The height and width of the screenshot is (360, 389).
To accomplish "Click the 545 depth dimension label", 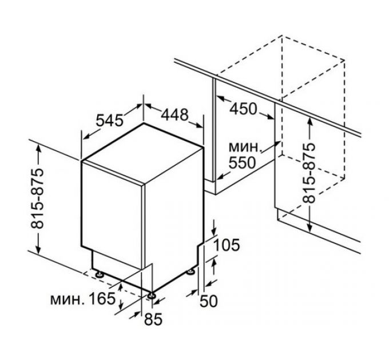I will pyautogui.click(x=110, y=121).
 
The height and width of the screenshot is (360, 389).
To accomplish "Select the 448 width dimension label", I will pyautogui.click(x=173, y=114).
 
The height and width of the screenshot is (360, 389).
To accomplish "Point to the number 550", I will pyautogui.click(x=243, y=163).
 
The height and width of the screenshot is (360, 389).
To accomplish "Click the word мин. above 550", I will pyautogui.click(x=244, y=147).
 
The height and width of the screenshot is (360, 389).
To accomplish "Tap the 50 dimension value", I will pyautogui.click(x=211, y=301).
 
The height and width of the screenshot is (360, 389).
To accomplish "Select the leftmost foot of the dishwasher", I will pyautogui.click(x=101, y=274).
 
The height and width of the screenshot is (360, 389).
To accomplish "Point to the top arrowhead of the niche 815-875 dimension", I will pyautogui.click(x=309, y=119).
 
